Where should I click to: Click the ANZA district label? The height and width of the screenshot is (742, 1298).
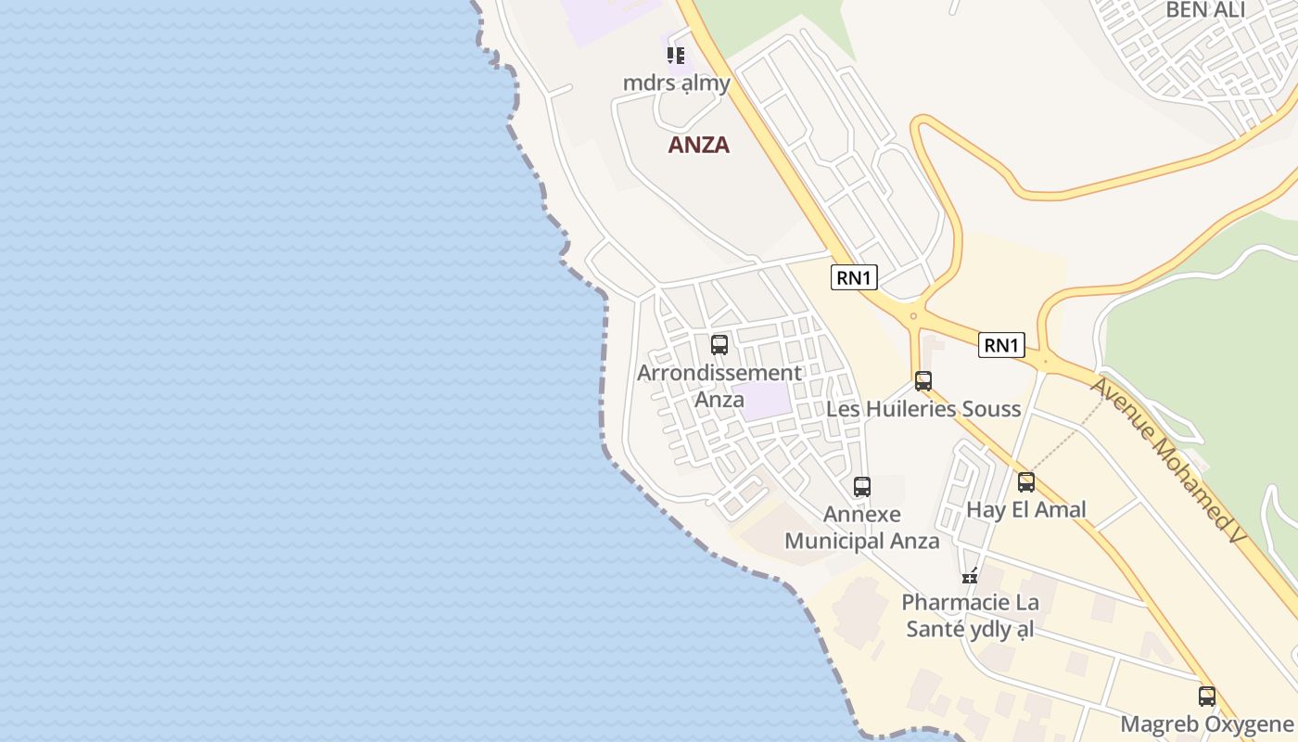699,145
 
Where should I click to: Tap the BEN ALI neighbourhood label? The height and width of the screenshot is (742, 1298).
1205,10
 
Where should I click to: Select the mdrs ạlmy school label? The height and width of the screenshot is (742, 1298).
676,83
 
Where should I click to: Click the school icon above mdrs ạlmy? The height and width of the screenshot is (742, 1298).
676,56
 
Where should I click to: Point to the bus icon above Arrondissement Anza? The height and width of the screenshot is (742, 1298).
719,345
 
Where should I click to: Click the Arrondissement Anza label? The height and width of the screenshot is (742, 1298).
719,386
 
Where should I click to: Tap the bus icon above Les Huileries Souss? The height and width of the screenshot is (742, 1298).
923,380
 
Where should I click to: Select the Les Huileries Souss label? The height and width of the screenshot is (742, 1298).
923,409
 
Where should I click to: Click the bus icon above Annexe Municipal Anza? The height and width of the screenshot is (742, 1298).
862,486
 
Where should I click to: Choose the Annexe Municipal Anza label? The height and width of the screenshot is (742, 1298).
862,528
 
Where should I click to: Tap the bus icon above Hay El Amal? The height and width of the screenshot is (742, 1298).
1025,482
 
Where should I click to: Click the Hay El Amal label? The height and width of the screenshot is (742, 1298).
1026,510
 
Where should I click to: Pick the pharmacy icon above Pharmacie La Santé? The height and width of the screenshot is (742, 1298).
970,575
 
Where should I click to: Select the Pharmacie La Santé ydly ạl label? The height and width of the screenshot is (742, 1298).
970,617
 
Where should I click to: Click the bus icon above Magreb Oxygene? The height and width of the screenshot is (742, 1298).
1206,696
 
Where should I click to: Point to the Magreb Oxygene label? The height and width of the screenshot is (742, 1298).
1206,724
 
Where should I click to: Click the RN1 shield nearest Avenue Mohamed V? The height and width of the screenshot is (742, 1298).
1001,346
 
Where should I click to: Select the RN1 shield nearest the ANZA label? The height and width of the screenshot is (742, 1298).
854,277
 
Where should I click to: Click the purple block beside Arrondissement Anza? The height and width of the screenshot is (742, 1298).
766,401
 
